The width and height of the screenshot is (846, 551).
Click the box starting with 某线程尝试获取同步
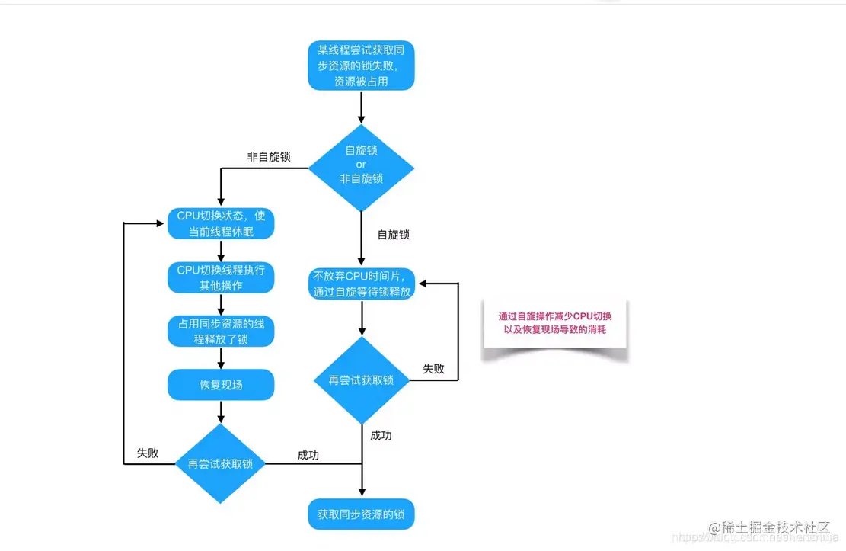(x=362, y=66)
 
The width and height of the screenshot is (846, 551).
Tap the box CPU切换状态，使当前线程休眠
(x=221, y=223)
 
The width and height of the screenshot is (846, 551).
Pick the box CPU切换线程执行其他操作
(x=221, y=277)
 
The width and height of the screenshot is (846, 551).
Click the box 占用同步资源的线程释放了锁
(x=221, y=331)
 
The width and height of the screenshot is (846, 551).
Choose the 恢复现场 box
(x=221, y=385)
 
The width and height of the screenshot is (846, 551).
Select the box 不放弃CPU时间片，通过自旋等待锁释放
(x=362, y=283)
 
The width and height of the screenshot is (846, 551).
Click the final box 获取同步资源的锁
(x=362, y=514)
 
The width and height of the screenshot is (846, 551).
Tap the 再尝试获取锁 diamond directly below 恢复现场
(x=221, y=463)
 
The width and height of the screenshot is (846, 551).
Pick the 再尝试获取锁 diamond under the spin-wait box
(x=362, y=380)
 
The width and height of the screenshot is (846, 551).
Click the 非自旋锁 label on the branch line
(x=268, y=156)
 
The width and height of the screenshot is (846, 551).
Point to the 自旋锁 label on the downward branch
(x=394, y=235)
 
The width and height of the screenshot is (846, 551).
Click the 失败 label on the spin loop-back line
(x=433, y=369)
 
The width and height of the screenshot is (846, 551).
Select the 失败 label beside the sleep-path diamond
(x=148, y=453)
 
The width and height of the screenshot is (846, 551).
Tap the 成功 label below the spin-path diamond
(x=381, y=436)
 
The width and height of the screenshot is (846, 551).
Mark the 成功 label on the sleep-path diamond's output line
(x=308, y=455)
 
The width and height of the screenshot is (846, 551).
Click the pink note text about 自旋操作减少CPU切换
(x=554, y=323)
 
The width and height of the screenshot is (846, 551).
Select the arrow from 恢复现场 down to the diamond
(x=221, y=411)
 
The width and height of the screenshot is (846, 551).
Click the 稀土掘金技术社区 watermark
(x=775, y=527)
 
